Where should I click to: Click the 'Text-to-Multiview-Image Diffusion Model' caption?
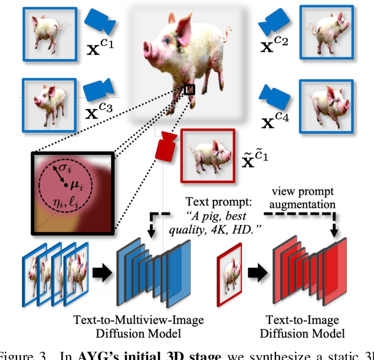138,327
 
